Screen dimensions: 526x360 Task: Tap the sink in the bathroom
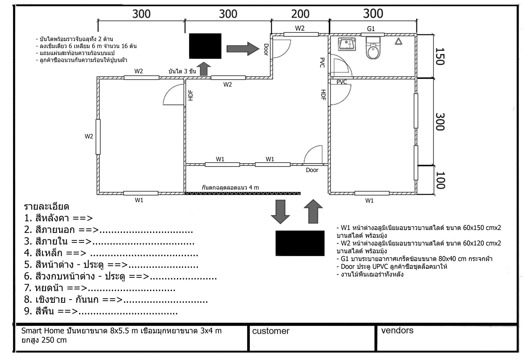tap(347, 44)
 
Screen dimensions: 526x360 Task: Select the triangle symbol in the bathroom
tap(398, 42)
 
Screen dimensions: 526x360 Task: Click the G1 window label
tap(371, 29)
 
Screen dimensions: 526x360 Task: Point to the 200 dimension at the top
tap(300, 14)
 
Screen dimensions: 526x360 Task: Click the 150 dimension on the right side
tap(439, 56)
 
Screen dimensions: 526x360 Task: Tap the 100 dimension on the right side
tap(439, 180)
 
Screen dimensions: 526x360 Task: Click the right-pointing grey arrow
tap(243, 49)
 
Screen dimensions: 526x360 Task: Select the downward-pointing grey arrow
tap(280, 212)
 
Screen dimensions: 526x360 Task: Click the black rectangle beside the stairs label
tap(205, 46)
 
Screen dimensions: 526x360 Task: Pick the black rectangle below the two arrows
tap(300, 243)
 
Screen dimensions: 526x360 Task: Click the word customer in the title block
tap(271, 331)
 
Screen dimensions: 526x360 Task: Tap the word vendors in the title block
tap(397, 330)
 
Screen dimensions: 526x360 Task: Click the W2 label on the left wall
tap(89, 136)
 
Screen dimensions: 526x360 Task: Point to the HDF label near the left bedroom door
tap(191, 95)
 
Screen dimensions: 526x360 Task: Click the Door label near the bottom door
tap(312, 170)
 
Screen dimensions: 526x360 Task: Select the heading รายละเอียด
tap(47, 206)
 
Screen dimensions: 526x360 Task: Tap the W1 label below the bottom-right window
tap(369, 201)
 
